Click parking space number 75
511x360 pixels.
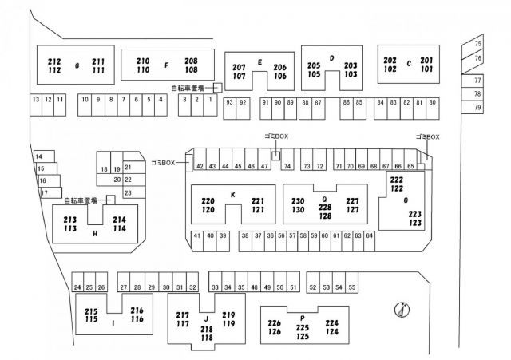pos(477,43)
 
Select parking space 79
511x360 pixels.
pos(477,107)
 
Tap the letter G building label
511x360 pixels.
pos(77,65)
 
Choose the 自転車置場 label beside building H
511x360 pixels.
pos(80,200)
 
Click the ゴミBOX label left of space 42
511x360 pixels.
pos(162,163)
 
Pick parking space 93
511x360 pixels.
pos(229,102)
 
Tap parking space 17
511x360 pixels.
pos(45,192)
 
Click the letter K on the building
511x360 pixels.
pos(232,195)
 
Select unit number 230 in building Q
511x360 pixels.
pos(298,200)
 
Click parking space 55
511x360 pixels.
pos(351,286)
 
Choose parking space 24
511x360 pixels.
pos(77,287)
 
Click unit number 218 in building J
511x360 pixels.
pos(206,329)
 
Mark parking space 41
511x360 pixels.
pos(196,235)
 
